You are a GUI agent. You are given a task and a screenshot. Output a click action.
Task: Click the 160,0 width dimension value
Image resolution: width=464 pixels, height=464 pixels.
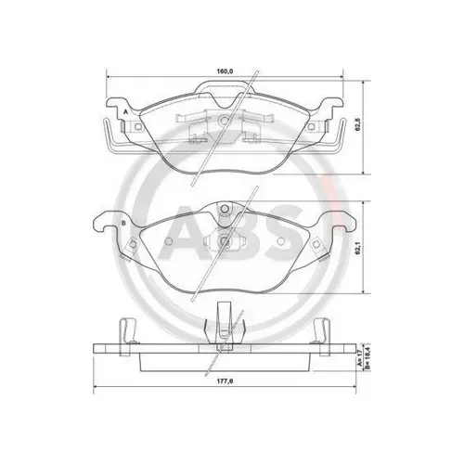pos(225,71)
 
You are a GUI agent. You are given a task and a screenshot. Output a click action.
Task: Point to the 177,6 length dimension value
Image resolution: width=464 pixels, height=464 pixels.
pos(225,381)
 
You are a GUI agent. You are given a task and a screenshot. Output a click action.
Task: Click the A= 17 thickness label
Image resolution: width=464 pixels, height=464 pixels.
pos(360,358)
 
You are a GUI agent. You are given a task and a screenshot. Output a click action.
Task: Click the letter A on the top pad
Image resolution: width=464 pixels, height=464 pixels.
pos(125,111)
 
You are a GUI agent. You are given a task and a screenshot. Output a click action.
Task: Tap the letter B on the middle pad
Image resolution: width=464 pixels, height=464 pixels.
pos(123,223)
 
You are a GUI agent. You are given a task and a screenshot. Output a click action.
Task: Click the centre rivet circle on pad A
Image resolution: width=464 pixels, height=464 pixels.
pos(225,120)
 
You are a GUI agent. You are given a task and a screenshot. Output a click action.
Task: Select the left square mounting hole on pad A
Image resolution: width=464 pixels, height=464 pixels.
pos(138,126)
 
